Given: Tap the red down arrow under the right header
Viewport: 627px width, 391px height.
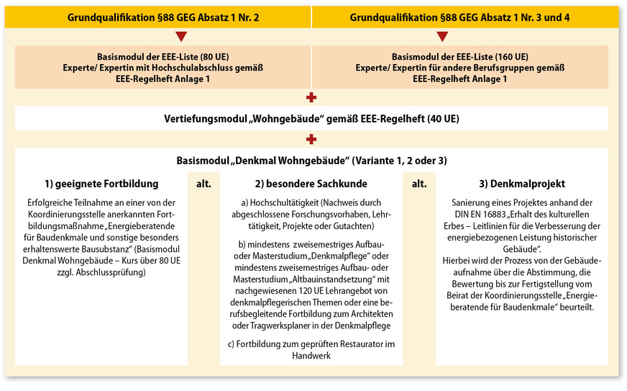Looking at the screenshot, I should pos(442,36).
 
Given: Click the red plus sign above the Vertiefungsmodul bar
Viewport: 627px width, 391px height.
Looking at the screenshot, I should pos(311,97).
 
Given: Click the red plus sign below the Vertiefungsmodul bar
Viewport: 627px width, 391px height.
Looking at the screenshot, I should pos(311,139).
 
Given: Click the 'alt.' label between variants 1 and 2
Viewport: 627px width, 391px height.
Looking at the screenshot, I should pos(203,184).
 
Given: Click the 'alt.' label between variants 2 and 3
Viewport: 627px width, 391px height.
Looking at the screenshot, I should pos(419,184).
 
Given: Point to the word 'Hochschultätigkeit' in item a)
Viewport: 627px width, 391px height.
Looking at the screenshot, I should pos(281,204).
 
